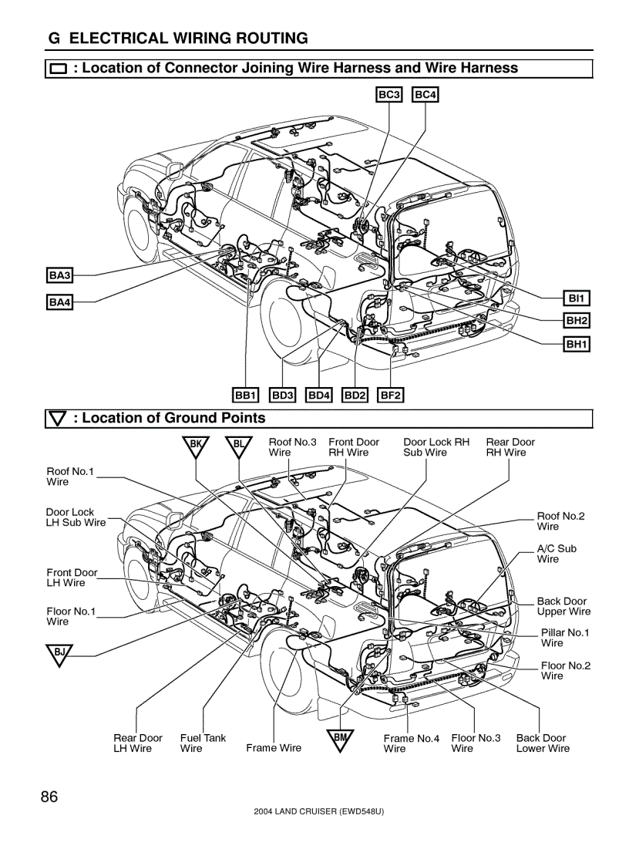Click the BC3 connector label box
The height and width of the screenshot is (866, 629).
(x=388, y=95)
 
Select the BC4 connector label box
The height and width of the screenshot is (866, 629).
(x=425, y=95)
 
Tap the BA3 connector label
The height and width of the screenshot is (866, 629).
(x=59, y=275)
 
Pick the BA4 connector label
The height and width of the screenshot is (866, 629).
(x=59, y=302)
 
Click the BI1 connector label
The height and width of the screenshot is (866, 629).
(x=577, y=298)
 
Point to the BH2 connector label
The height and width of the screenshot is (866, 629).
(x=577, y=320)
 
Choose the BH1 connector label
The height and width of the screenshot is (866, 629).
(x=577, y=344)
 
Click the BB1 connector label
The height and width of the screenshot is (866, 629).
(x=245, y=395)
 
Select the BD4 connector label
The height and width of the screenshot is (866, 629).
(x=318, y=395)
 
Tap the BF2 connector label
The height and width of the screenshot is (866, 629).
(x=391, y=395)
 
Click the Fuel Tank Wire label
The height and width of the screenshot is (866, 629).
(x=203, y=743)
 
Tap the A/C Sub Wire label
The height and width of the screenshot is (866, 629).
(x=557, y=554)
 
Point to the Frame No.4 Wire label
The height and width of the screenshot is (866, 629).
(x=411, y=743)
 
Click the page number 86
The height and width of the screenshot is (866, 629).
(x=49, y=797)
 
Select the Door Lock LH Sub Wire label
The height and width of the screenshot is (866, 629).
(x=76, y=517)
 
